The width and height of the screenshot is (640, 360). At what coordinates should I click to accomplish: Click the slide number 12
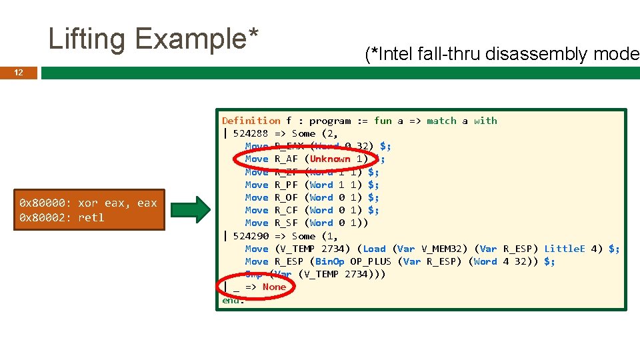19,73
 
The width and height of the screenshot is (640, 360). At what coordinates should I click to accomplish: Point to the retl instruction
91,218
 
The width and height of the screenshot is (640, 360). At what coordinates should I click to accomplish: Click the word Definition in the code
251,121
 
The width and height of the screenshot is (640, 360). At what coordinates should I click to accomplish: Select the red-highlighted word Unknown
329,159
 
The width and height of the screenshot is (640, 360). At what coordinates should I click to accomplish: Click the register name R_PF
286,185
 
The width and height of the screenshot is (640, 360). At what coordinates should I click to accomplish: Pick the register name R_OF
286,197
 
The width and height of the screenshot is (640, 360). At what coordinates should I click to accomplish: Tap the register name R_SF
286,223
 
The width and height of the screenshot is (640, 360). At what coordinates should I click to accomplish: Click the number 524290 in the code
251,236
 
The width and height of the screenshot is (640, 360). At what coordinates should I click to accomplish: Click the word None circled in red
274,287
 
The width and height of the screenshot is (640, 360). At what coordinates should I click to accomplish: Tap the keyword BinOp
329,261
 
